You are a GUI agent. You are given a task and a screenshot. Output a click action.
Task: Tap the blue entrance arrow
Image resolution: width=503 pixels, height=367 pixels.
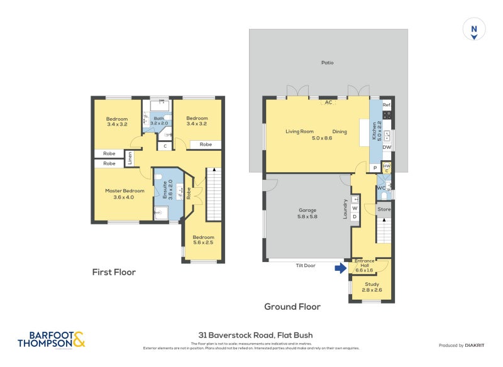pos(340,268)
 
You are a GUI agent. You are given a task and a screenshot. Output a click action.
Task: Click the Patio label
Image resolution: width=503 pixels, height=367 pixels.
pos(327,63)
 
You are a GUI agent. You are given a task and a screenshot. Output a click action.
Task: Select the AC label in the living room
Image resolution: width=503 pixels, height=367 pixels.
pos(328,102)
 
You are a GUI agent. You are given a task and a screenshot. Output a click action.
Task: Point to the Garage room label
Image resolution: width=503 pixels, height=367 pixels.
pos(307,213)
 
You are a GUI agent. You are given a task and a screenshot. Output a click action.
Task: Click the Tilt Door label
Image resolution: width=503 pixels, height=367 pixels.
pos(306,266)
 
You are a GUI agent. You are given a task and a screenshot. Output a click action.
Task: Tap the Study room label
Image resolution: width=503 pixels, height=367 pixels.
pos(372,287)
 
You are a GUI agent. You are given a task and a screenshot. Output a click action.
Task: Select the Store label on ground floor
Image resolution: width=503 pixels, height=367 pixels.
pos(384,210)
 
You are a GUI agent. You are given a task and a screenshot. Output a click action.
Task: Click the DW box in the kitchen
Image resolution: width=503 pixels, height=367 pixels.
pos(387,148)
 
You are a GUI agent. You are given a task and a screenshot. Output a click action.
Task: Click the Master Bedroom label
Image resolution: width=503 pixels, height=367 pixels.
pos(124,194)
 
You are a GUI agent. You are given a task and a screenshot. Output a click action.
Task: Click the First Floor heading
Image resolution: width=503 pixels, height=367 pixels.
pos(114,272)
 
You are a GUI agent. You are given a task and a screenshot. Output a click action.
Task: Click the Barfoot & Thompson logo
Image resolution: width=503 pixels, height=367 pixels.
pos(50,340)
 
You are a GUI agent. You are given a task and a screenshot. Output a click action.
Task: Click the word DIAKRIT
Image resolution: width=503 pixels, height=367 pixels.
pos(478,345)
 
